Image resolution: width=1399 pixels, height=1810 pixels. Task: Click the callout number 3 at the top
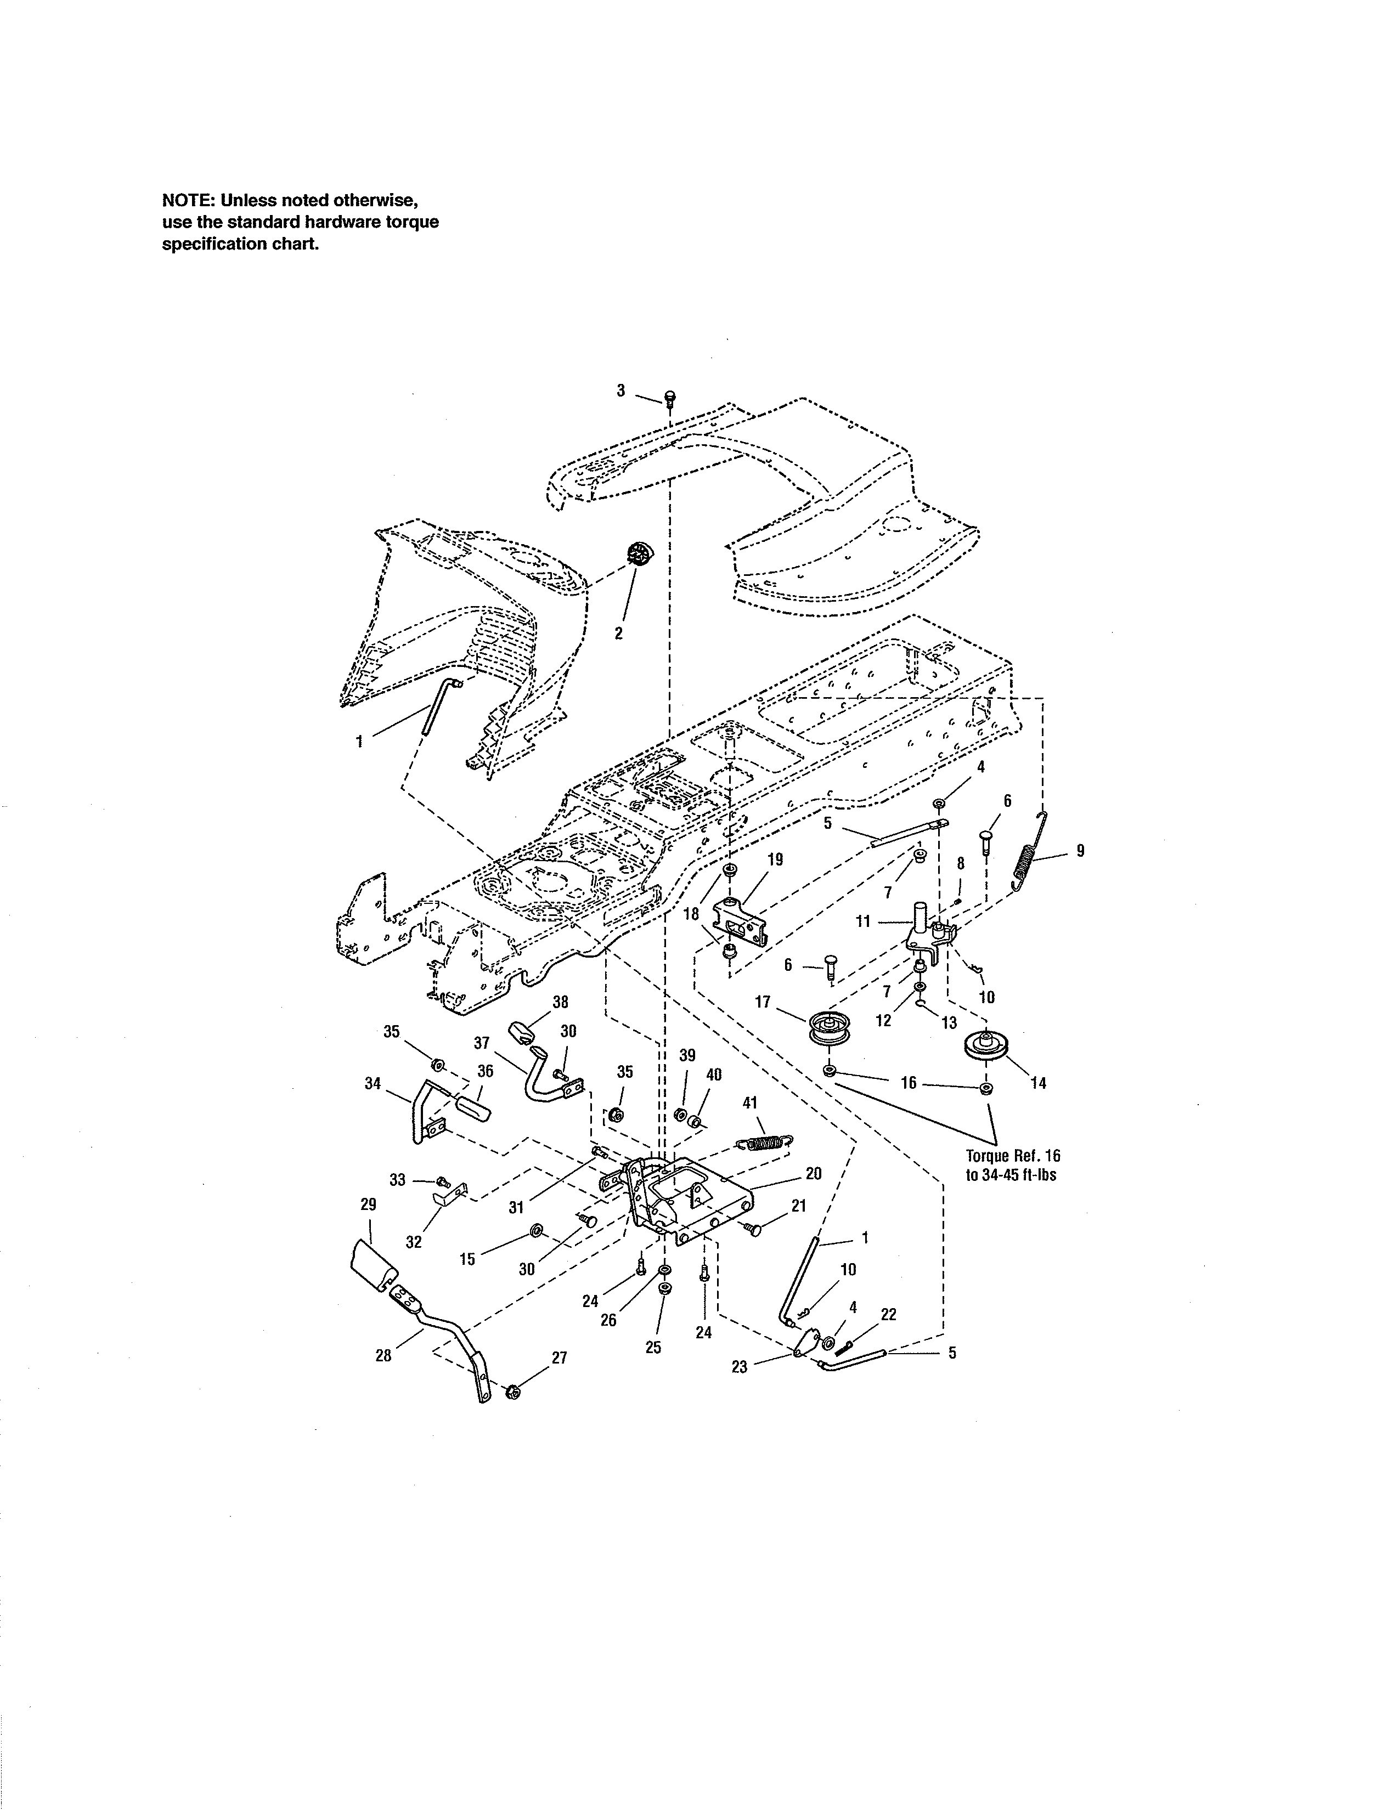pyautogui.click(x=620, y=391)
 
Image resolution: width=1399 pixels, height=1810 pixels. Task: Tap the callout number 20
pyautogui.click(x=813, y=1173)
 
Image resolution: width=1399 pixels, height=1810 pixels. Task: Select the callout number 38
pyautogui.click(x=560, y=1002)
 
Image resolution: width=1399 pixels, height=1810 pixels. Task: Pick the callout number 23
pyautogui.click(x=740, y=1367)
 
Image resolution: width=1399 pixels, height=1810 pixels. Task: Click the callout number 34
pyautogui.click(x=373, y=1083)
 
